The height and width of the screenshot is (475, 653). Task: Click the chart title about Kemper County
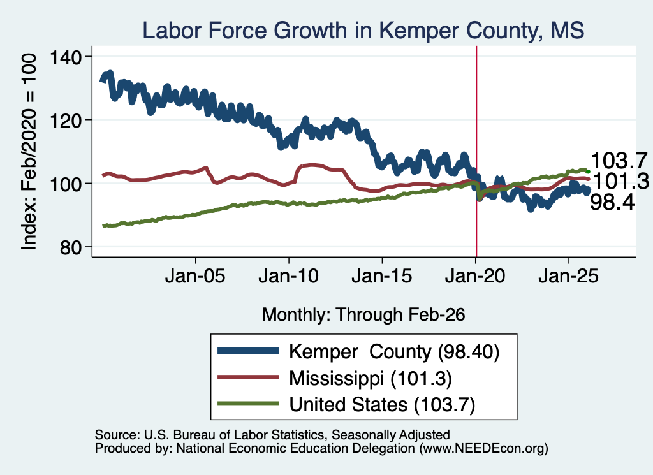coord(363,31)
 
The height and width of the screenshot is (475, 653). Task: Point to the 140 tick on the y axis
coord(66,57)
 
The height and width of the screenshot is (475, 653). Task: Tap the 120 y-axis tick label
coord(66,121)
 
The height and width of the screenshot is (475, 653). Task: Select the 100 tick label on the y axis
coord(66,184)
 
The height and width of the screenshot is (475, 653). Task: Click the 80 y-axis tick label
coord(70,247)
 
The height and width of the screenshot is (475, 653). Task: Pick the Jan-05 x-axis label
coord(195,276)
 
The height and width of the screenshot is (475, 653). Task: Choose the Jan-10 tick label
coord(288,276)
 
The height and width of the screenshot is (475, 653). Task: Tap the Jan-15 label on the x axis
coord(381,276)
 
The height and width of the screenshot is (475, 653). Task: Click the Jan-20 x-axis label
coord(474,276)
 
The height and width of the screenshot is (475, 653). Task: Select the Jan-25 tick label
coord(568,276)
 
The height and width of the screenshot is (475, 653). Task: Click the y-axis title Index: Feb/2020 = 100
coord(29,152)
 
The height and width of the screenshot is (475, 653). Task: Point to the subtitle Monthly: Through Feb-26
coord(363,315)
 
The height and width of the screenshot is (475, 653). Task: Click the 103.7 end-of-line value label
coord(619,161)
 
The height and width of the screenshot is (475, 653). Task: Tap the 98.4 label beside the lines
coord(612,203)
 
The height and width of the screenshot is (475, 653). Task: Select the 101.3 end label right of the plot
coord(620,182)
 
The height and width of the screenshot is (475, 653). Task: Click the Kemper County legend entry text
coord(394,352)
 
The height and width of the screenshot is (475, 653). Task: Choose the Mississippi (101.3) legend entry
coord(371,379)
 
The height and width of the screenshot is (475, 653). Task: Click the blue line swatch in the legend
coord(248,351)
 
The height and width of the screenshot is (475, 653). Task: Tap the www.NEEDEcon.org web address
coord(484,448)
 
